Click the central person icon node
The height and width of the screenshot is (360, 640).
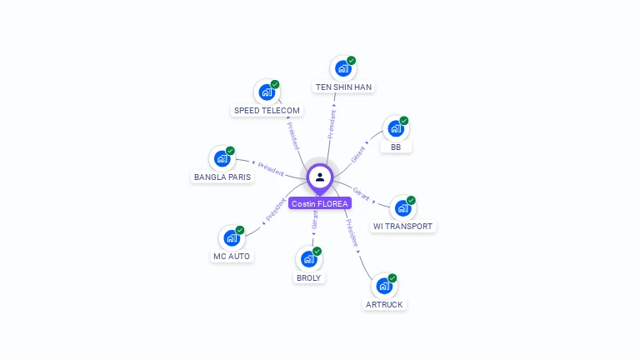(320, 177)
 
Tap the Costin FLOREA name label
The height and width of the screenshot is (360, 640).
(320, 203)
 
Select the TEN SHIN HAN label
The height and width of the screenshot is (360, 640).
(343, 87)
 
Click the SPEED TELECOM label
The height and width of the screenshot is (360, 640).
(267, 110)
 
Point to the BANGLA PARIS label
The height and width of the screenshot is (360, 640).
(222, 177)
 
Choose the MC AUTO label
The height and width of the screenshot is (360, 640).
(232, 256)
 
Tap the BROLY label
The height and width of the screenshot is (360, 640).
(308, 277)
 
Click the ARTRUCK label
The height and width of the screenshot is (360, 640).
(384, 304)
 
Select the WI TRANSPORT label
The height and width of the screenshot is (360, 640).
(403, 226)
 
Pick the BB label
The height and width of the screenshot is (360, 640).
(396, 147)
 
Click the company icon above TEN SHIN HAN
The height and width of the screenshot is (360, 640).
(342, 68)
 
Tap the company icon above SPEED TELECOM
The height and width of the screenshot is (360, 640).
(267, 92)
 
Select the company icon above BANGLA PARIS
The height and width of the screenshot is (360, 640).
(222, 158)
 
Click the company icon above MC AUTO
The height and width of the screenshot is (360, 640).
(231, 237)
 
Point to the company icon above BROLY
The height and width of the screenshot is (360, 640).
(308, 259)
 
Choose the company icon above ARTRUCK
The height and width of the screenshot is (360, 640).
(384, 286)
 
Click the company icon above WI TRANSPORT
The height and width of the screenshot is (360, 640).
(402, 207)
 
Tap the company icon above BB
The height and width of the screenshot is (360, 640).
(395, 128)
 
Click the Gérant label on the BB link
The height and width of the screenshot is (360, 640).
(359, 154)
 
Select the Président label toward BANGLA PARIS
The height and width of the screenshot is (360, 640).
(271, 168)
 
